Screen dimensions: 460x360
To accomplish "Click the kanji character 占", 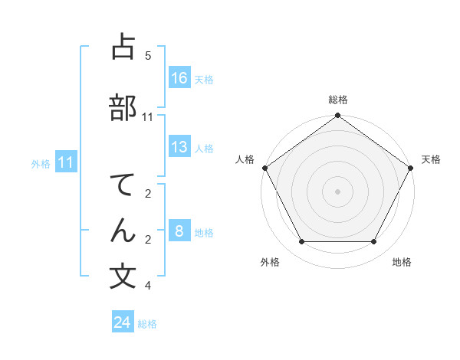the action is (x=123, y=47).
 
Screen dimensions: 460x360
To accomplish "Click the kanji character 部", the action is (x=123, y=108).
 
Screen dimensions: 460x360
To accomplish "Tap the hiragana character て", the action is (x=123, y=187).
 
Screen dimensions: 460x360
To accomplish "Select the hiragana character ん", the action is (x=123, y=231).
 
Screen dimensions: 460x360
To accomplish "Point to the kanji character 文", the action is (x=123, y=277).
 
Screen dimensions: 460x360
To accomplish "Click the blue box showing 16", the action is (x=179, y=78).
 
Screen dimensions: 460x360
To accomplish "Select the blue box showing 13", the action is (x=179, y=147).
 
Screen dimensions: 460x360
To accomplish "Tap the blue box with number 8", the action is (x=179, y=231).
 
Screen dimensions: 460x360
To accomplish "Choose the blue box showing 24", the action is (x=123, y=322).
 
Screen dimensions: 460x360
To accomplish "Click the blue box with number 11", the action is (x=67, y=162).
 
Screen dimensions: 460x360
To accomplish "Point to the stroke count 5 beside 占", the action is (x=148, y=56).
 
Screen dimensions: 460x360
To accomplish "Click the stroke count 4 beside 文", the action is (x=148, y=286).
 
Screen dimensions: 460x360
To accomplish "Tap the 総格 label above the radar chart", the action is (x=337, y=100).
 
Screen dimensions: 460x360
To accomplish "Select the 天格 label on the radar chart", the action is (x=431, y=159).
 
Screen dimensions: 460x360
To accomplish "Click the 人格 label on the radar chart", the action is (x=245, y=159).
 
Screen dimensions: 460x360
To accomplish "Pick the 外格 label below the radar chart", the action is (x=270, y=262).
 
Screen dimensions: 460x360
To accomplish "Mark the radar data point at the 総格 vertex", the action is (x=337, y=116).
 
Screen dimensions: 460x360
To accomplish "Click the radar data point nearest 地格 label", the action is (x=374, y=242).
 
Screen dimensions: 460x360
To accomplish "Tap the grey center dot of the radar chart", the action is (x=337, y=191).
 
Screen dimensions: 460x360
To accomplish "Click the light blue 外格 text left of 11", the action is (x=40, y=163).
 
